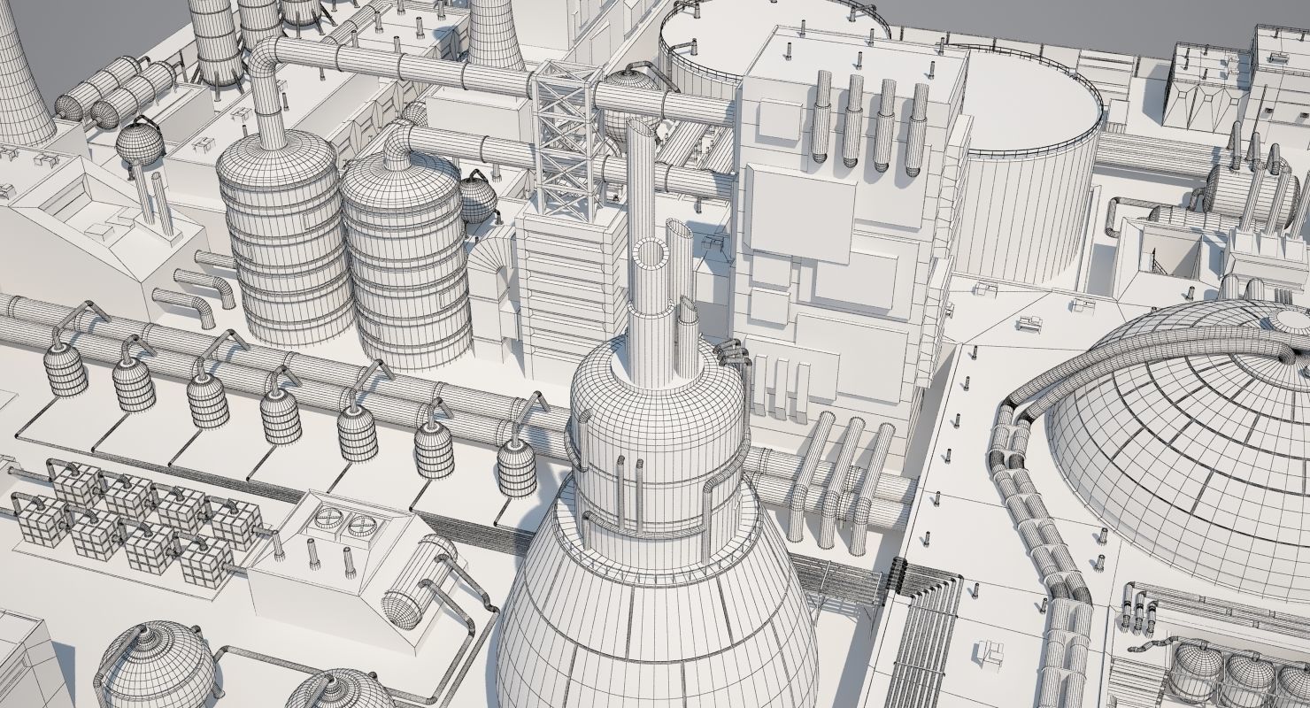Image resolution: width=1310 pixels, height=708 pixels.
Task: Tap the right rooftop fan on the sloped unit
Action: pos(361,527)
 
